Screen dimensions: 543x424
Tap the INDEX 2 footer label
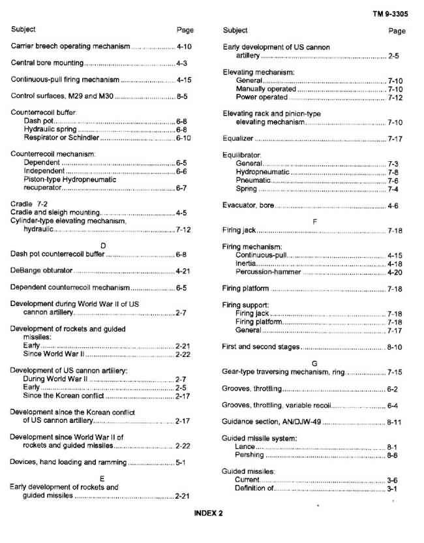[209, 513]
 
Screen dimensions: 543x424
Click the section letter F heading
[314, 222]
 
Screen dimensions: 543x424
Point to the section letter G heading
[314, 362]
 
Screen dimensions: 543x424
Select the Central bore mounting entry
[47, 63]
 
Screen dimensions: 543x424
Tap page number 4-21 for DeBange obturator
[183, 271]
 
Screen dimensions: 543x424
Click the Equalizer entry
[238, 139]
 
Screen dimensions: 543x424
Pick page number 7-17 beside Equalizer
[395, 139]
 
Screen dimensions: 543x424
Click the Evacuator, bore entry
[248, 206]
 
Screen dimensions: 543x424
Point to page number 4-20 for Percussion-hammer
[395, 272]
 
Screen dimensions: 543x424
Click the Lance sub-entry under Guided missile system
[245, 447]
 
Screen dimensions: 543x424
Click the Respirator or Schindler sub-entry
[62, 138]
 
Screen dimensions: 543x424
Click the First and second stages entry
[261, 347]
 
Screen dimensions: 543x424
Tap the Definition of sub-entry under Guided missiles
[255, 488]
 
